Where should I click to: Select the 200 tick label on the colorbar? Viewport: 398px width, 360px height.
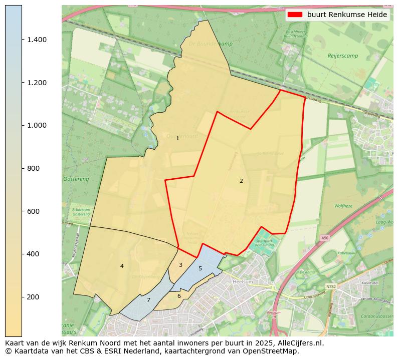(33, 297)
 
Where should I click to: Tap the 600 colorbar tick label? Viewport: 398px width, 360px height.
(33, 211)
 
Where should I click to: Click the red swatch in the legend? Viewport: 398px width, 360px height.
(295, 15)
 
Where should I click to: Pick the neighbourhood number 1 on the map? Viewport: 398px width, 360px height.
(177, 138)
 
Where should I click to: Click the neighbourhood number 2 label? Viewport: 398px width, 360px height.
(241, 181)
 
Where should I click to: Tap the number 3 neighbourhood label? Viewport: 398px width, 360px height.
(180, 265)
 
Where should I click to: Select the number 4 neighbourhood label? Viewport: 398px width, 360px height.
(122, 266)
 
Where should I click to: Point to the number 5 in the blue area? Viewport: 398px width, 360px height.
(200, 268)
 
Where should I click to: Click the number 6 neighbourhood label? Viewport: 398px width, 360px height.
(179, 296)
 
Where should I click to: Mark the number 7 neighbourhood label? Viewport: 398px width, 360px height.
(148, 300)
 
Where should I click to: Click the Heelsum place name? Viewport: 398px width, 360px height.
(243, 282)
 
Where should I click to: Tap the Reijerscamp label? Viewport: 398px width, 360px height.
(343, 56)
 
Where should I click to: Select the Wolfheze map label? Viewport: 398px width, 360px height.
(344, 206)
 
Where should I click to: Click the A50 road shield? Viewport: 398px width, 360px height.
(325, 238)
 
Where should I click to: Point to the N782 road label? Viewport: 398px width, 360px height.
(331, 287)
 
